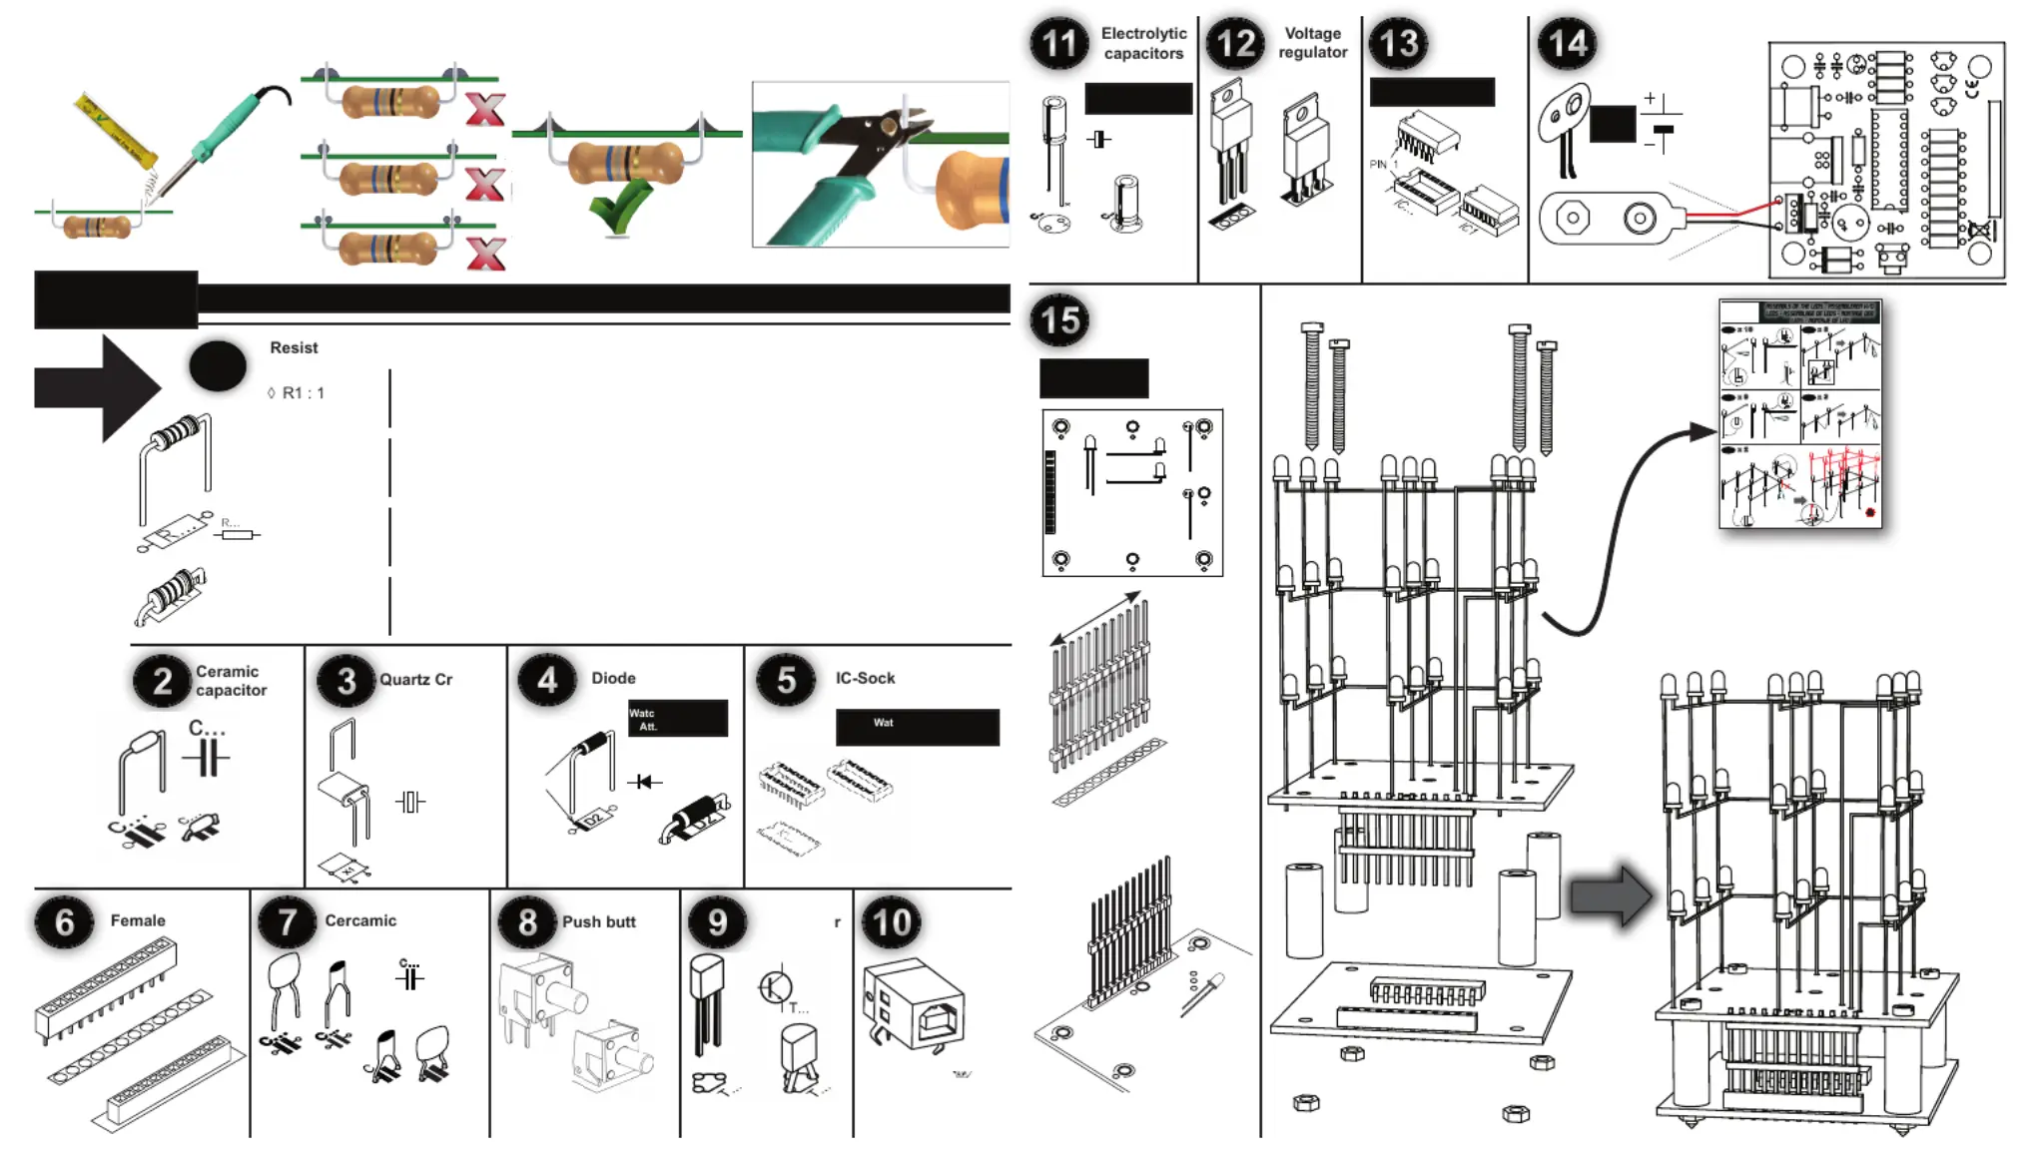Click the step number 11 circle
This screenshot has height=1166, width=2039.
pos(1058,44)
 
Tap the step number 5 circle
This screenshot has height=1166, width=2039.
pos(786,680)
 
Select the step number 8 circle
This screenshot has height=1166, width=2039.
pos(527,921)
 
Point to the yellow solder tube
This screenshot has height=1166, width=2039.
pos(117,130)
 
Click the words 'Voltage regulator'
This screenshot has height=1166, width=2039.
pos(1312,43)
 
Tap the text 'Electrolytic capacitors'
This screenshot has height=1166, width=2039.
pos(1143,44)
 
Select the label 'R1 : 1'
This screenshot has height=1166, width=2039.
pos(303,393)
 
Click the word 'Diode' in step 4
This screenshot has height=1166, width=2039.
pos(613,679)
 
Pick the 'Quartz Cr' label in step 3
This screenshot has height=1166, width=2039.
pos(415,680)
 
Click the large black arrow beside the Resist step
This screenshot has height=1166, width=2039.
pos(97,387)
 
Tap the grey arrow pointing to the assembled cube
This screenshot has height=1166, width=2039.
pos(1610,895)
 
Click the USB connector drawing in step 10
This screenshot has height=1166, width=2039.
pos(915,1006)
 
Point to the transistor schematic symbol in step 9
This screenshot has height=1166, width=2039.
pos(776,987)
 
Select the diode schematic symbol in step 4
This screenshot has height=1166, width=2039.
pos(644,782)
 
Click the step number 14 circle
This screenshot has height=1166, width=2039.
pos(1567,44)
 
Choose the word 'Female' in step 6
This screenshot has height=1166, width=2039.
pos(138,921)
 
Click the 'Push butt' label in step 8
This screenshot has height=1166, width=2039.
pos(598,922)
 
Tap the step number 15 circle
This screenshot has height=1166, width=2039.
pos(1059,320)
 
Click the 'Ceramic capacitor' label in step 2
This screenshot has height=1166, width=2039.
pos(231,681)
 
